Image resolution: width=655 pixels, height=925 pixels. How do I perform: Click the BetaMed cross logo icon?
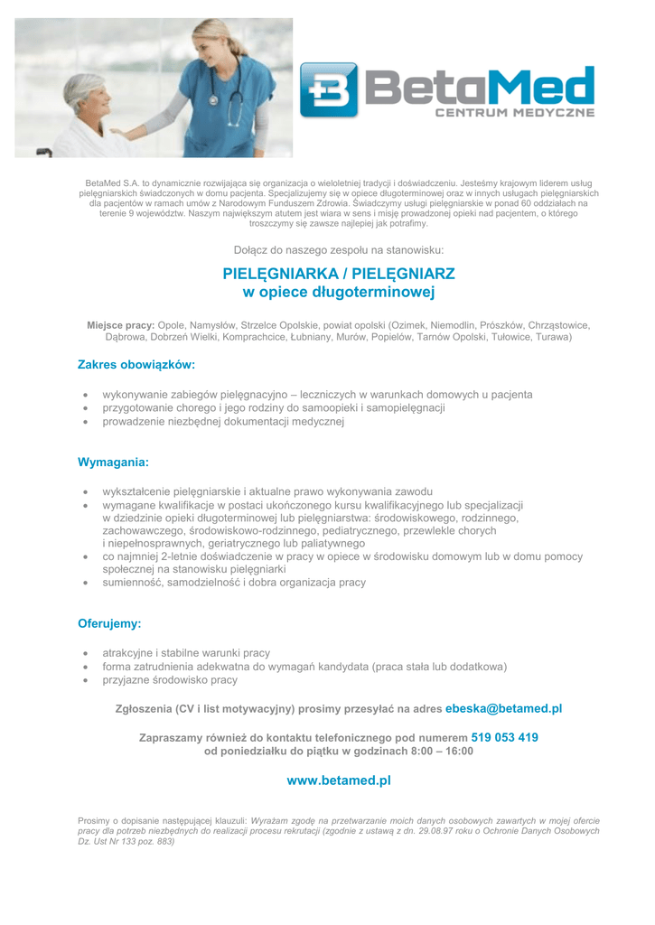pos(329,89)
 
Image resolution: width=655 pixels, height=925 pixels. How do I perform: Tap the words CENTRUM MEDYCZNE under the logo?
pos(515,113)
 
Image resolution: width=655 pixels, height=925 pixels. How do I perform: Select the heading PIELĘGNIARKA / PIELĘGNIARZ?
pos(339,273)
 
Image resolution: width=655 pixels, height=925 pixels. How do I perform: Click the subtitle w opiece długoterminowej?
pos(339,293)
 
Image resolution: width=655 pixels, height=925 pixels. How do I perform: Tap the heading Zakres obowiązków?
pos(136,365)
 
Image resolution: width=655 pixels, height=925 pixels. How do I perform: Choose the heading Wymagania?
pos(113,462)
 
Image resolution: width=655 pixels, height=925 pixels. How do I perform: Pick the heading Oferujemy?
pos(109,623)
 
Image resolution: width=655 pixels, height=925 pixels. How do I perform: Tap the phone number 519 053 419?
pos(504,737)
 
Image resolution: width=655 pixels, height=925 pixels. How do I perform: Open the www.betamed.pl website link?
pos(339,780)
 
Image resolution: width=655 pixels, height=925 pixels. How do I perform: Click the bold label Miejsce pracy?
pos(121,324)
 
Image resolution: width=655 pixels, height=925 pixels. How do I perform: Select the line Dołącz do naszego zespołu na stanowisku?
pos(339,249)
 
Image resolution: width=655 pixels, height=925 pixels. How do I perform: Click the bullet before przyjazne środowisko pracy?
pos(84,680)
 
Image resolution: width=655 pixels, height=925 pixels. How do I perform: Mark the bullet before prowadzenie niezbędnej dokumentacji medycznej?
pos(84,422)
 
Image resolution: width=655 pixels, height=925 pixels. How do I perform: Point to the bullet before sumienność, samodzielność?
pos(84,584)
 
